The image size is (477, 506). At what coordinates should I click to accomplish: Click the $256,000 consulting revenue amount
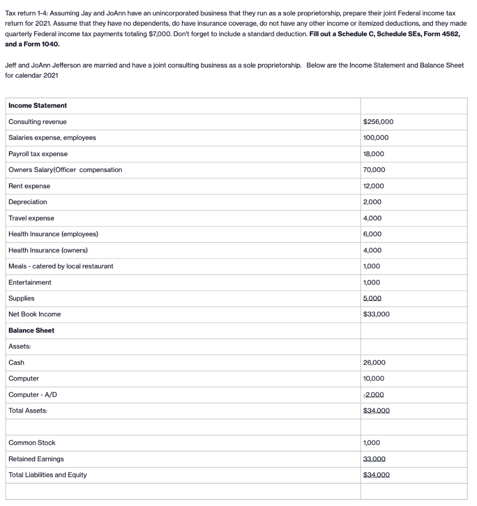[x=378, y=122]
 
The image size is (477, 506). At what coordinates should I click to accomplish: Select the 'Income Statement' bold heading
[x=38, y=105]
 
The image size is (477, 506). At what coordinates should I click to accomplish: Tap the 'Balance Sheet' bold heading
[x=31, y=330]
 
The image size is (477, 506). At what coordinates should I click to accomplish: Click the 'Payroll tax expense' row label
[x=38, y=154]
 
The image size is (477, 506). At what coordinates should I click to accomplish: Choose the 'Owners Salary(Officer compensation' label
[x=65, y=169]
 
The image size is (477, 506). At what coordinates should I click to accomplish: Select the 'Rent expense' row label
[x=29, y=186]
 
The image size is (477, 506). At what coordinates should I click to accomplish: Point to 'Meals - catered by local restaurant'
[x=61, y=266]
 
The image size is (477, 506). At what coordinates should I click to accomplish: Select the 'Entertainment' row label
[x=30, y=282]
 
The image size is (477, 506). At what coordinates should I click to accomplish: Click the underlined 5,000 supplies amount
[x=372, y=298]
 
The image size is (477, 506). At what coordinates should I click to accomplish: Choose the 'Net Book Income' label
[x=35, y=314]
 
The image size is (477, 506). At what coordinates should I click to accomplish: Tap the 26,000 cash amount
[x=373, y=362]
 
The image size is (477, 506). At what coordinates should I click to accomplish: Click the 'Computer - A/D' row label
[x=31, y=394]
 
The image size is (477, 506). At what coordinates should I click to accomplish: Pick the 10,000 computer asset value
[x=373, y=379]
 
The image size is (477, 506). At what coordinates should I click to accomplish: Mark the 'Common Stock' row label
[x=32, y=443]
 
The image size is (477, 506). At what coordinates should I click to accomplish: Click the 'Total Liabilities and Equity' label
[x=47, y=475]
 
